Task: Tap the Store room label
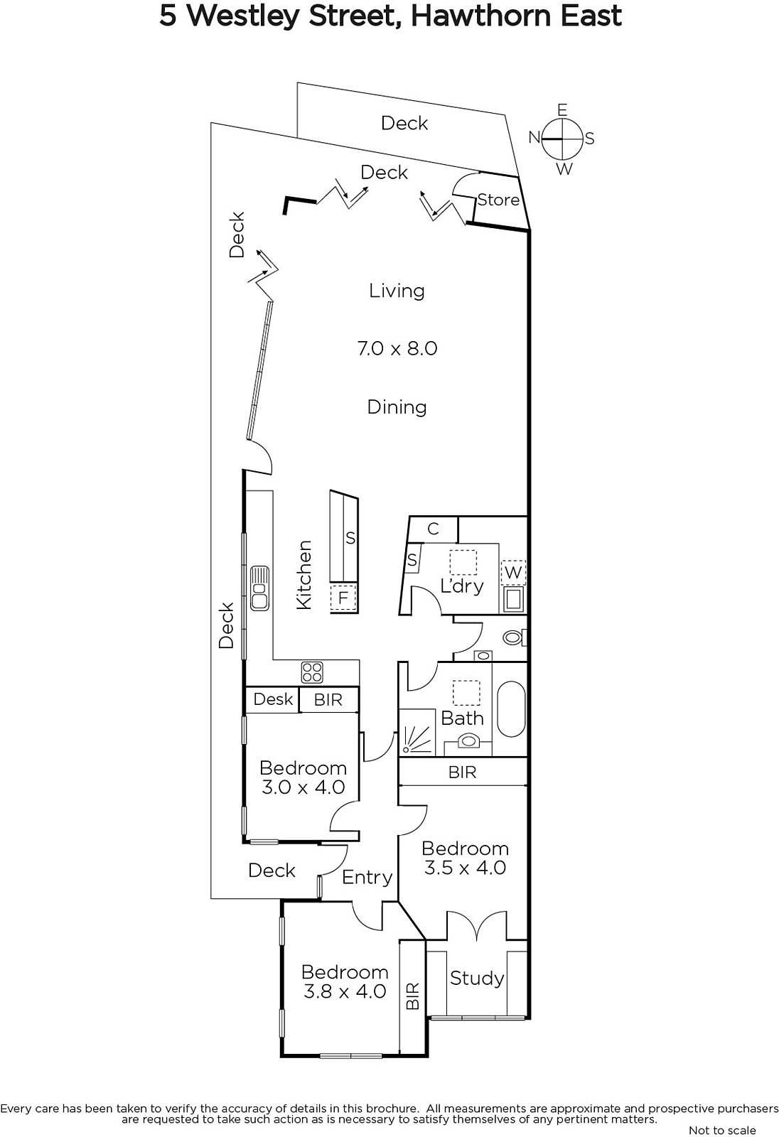point(498,200)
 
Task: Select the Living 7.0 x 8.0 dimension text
point(397,349)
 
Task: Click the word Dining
point(397,407)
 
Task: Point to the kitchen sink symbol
point(259,588)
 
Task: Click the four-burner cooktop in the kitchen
point(312,672)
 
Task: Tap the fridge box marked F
point(343,598)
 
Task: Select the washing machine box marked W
point(513,573)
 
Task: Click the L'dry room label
point(461,586)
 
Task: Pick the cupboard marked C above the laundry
point(433,529)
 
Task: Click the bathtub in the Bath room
point(511,710)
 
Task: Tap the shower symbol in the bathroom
point(417,731)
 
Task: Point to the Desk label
point(273,699)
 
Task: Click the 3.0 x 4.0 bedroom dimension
point(303,787)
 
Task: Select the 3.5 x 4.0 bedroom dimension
point(465,868)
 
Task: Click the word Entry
point(367,878)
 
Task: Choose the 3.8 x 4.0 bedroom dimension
point(345,991)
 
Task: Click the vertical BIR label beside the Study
point(413,996)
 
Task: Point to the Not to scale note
point(722,1130)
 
